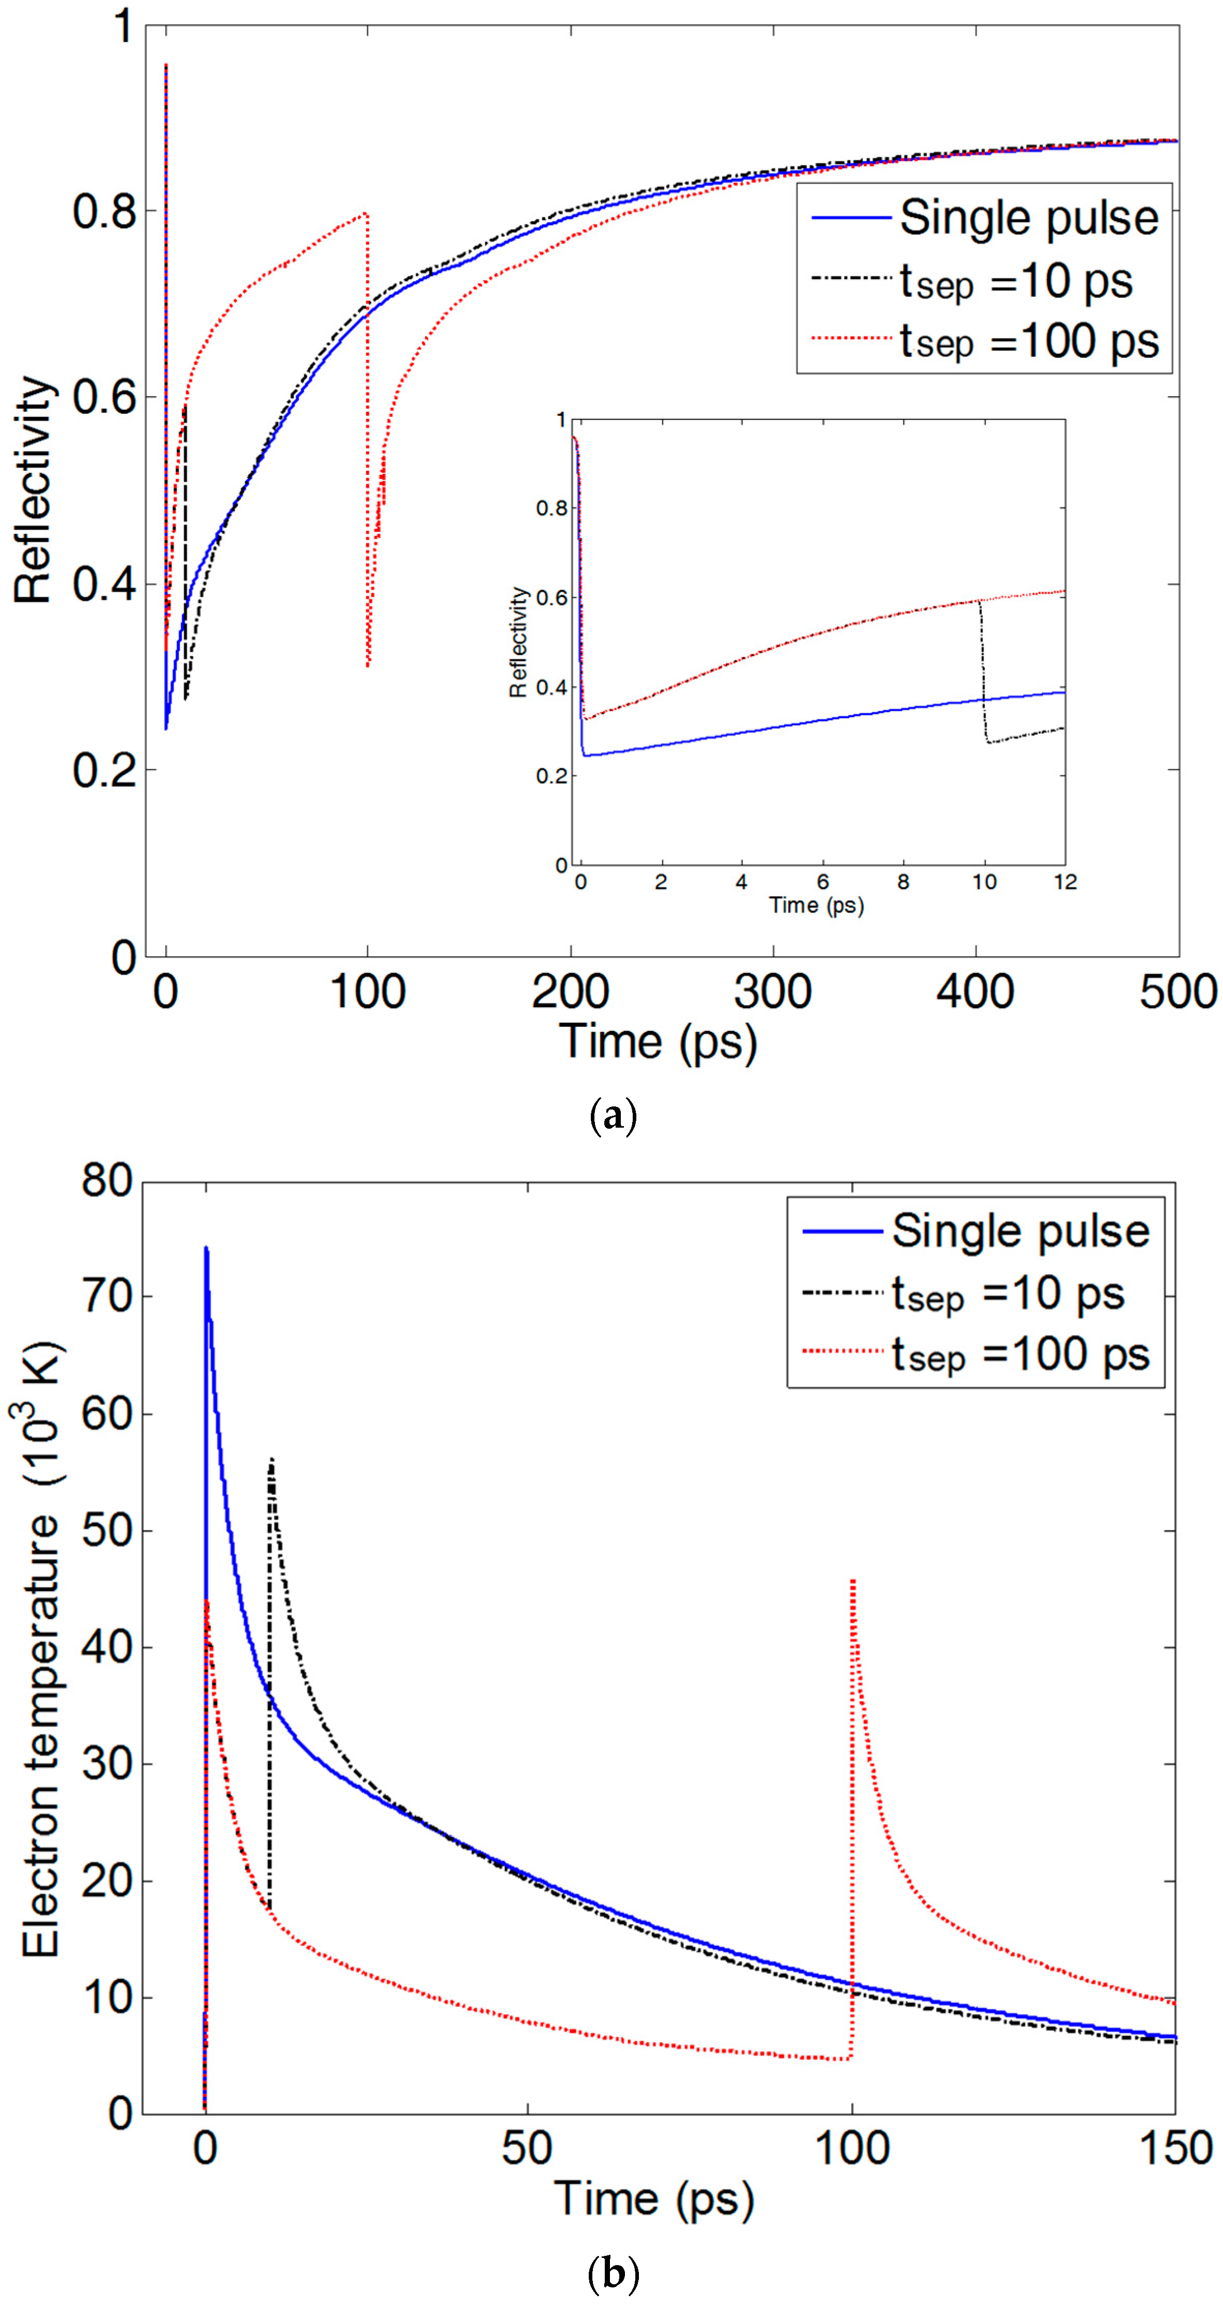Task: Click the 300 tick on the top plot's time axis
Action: tap(773, 992)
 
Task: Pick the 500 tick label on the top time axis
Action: tap(1176, 992)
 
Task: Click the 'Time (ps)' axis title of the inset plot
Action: tap(816, 905)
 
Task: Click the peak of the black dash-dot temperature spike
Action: tap(271, 1459)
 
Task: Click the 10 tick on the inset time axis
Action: tap(984, 882)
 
